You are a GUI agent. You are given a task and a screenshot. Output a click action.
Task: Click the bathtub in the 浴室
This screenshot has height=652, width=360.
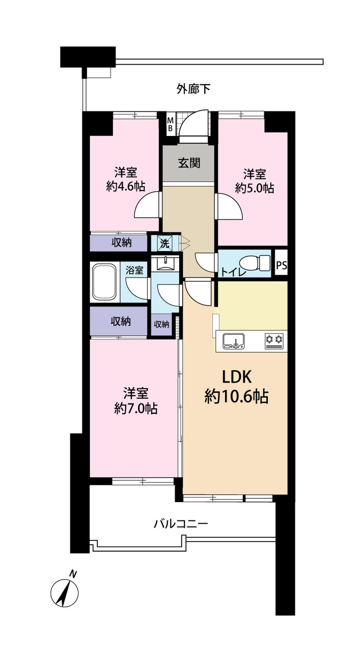click(x=104, y=282)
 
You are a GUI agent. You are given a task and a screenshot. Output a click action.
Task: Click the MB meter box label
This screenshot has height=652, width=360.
click(x=171, y=124)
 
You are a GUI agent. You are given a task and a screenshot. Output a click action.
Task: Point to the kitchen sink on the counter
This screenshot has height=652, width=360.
click(x=233, y=341)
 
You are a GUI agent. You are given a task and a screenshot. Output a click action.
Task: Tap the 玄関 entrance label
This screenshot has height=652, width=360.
click(x=189, y=163)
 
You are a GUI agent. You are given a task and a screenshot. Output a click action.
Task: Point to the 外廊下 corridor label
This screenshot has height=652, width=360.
click(x=193, y=89)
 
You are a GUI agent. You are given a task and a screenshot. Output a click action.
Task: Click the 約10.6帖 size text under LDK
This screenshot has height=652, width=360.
click(x=236, y=396)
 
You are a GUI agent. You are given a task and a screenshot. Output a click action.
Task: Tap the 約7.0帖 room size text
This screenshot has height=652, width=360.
click(x=136, y=409)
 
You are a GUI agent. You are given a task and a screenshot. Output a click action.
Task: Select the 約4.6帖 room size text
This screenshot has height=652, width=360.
click(x=126, y=186)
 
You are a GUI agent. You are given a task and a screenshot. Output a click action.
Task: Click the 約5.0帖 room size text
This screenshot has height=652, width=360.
click(x=255, y=188)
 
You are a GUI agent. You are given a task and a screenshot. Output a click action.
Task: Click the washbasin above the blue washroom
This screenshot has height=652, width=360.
click(x=165, y=263)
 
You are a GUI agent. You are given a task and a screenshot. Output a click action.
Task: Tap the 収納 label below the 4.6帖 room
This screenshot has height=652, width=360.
click(x=122, y=242)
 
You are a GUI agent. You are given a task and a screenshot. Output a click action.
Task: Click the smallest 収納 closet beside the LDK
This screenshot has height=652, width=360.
click(x=161, y=324)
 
